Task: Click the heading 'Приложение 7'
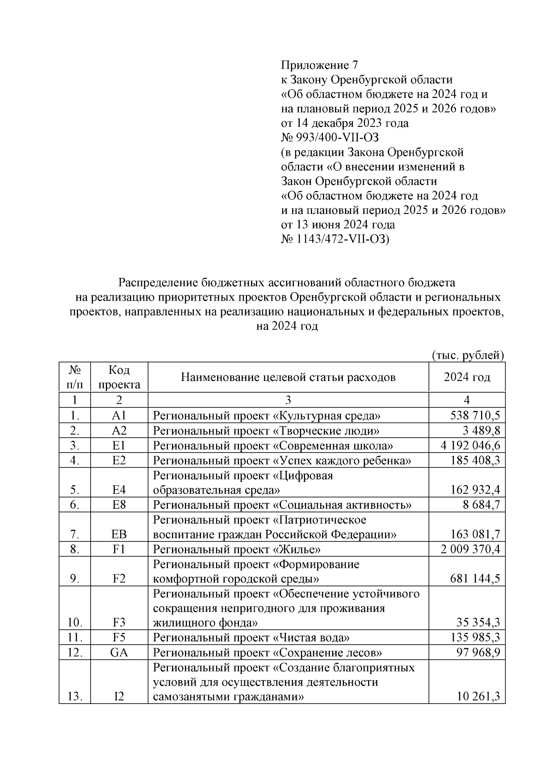(319, 65)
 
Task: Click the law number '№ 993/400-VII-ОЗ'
(330, 138)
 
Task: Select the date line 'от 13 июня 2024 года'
(338, 225)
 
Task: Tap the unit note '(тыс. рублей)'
(468, 356)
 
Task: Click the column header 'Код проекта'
(119, 377)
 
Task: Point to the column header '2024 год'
(467, 377)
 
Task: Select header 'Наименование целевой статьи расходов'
(288, 377)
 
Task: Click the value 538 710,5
(475, 416)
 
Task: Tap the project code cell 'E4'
(119, 490)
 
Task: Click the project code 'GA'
(119, 653)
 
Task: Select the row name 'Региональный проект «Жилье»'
(237, 549)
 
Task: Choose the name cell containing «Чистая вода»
(251, 638)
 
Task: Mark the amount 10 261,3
(478, 696)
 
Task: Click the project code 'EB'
(119, 534)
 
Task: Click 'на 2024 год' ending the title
(287, 327)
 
